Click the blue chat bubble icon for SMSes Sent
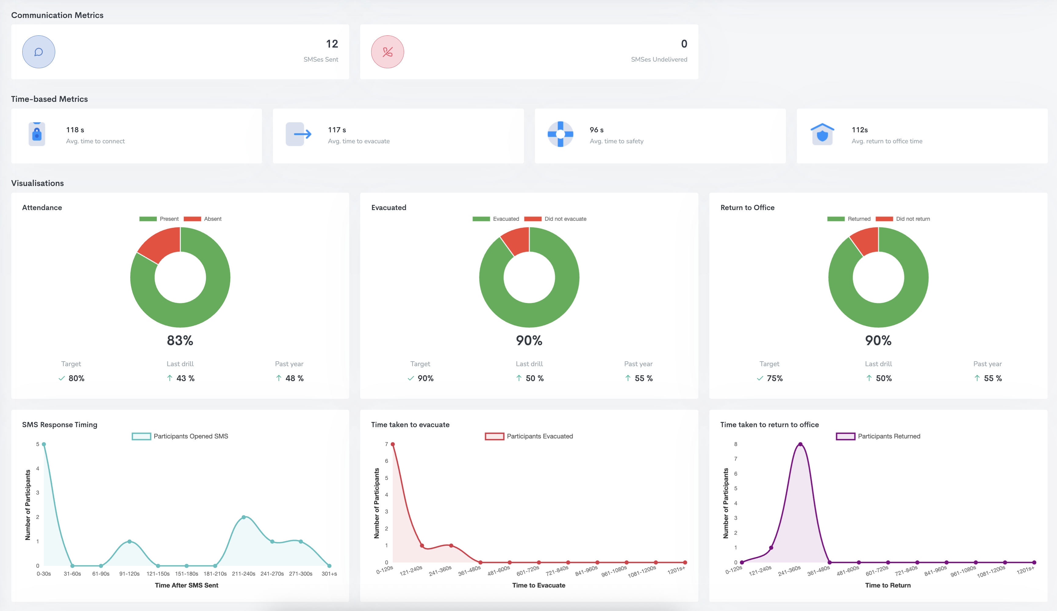tap(39, 52)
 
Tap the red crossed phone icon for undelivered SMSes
tap(387, 52)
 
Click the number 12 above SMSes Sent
tap(332, 44)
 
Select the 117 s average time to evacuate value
tap(337, 130)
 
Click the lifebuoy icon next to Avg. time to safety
tap(561, 134)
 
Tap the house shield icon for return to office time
tap(822, 134)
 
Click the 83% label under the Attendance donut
tap(180, 340)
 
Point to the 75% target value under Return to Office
tap(774, 378)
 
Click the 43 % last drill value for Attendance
tap(185, 378)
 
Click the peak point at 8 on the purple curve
tap(800, 445)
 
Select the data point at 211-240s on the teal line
tap(244, 517)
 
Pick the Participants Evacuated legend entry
tap(539, 436)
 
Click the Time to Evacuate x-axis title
tap(539, 585)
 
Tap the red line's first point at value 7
tap(392, 444)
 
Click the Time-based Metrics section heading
tap(49, 99)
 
